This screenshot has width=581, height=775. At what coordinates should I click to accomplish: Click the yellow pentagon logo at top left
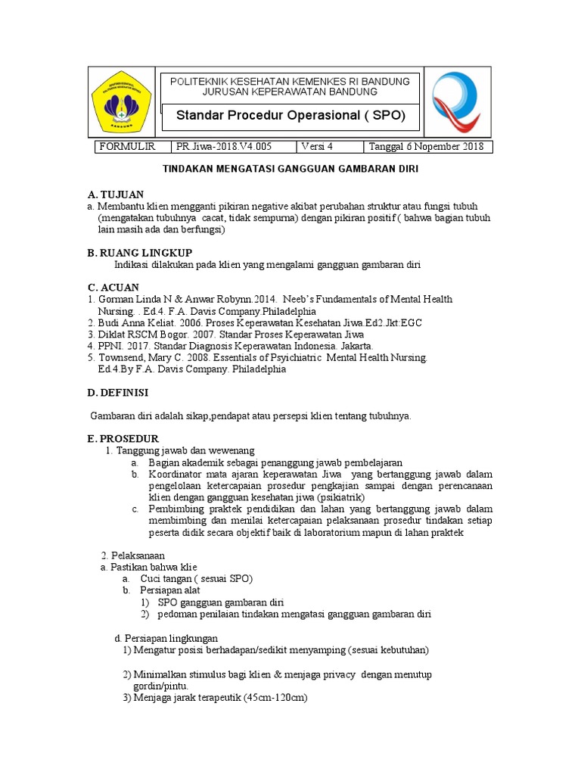coord(121,101)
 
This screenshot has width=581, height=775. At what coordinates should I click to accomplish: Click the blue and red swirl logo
coord(456,101)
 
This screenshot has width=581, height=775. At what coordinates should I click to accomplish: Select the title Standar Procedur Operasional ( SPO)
coord(290,116)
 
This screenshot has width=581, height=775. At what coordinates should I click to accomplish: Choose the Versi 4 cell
coord(317,147)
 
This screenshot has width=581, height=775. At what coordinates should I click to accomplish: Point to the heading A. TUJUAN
coord(116,195)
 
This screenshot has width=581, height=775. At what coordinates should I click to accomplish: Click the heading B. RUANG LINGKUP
coord(140,252)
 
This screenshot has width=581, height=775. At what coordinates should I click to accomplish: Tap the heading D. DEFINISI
coord(119,392)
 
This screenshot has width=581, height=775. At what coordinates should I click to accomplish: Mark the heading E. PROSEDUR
coord(123,438)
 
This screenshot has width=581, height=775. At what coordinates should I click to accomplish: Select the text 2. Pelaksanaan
coord(133,555)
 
